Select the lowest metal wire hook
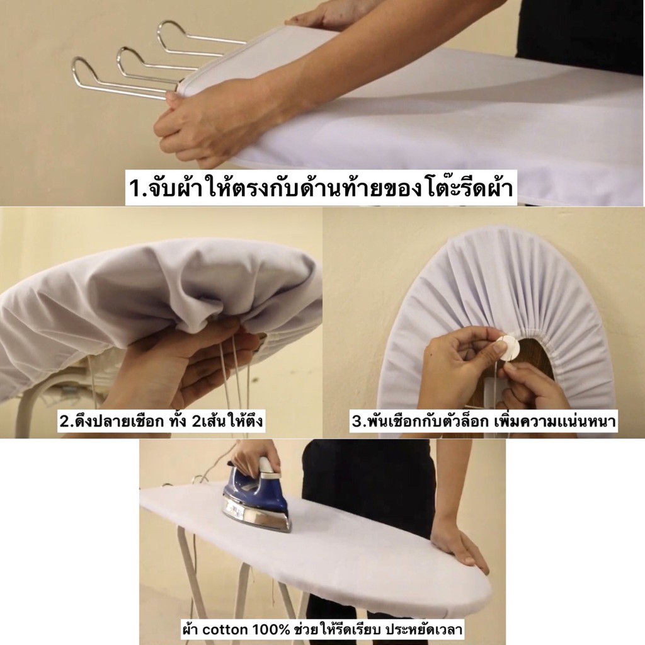(x=123, y=79)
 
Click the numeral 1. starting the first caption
(x=134, y=188)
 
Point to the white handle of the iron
(x=266, y=469)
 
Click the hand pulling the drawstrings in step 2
(x=177, y=362)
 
